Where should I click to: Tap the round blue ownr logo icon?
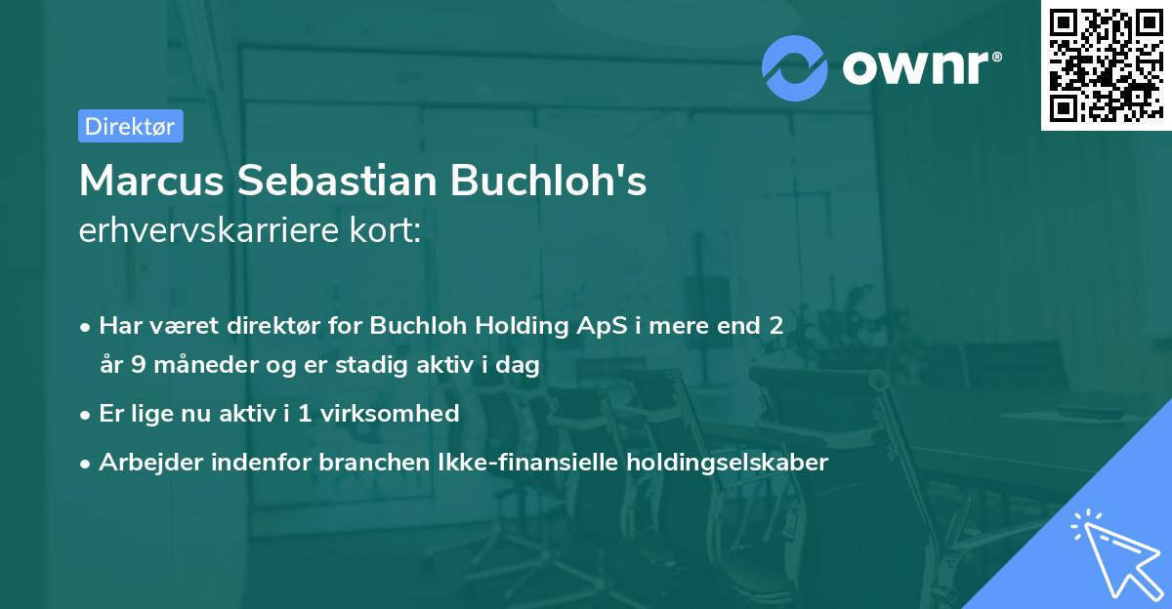[795, 66]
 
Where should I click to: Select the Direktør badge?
[130, 126]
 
